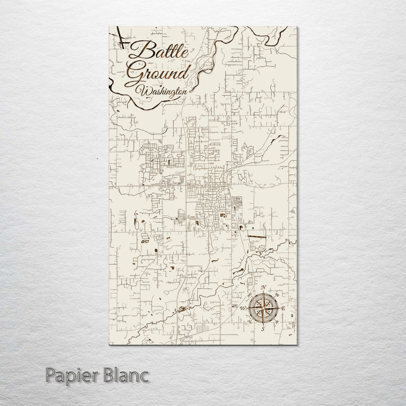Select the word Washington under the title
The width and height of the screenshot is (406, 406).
point(164,90)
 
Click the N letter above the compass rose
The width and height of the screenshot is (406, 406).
point(263,288)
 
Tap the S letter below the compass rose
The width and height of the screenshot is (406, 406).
point(263,329)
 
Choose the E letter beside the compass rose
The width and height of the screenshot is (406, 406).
point(284,309)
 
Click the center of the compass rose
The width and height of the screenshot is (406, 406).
point(263,308)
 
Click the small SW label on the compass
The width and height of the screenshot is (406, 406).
point(250,321)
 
